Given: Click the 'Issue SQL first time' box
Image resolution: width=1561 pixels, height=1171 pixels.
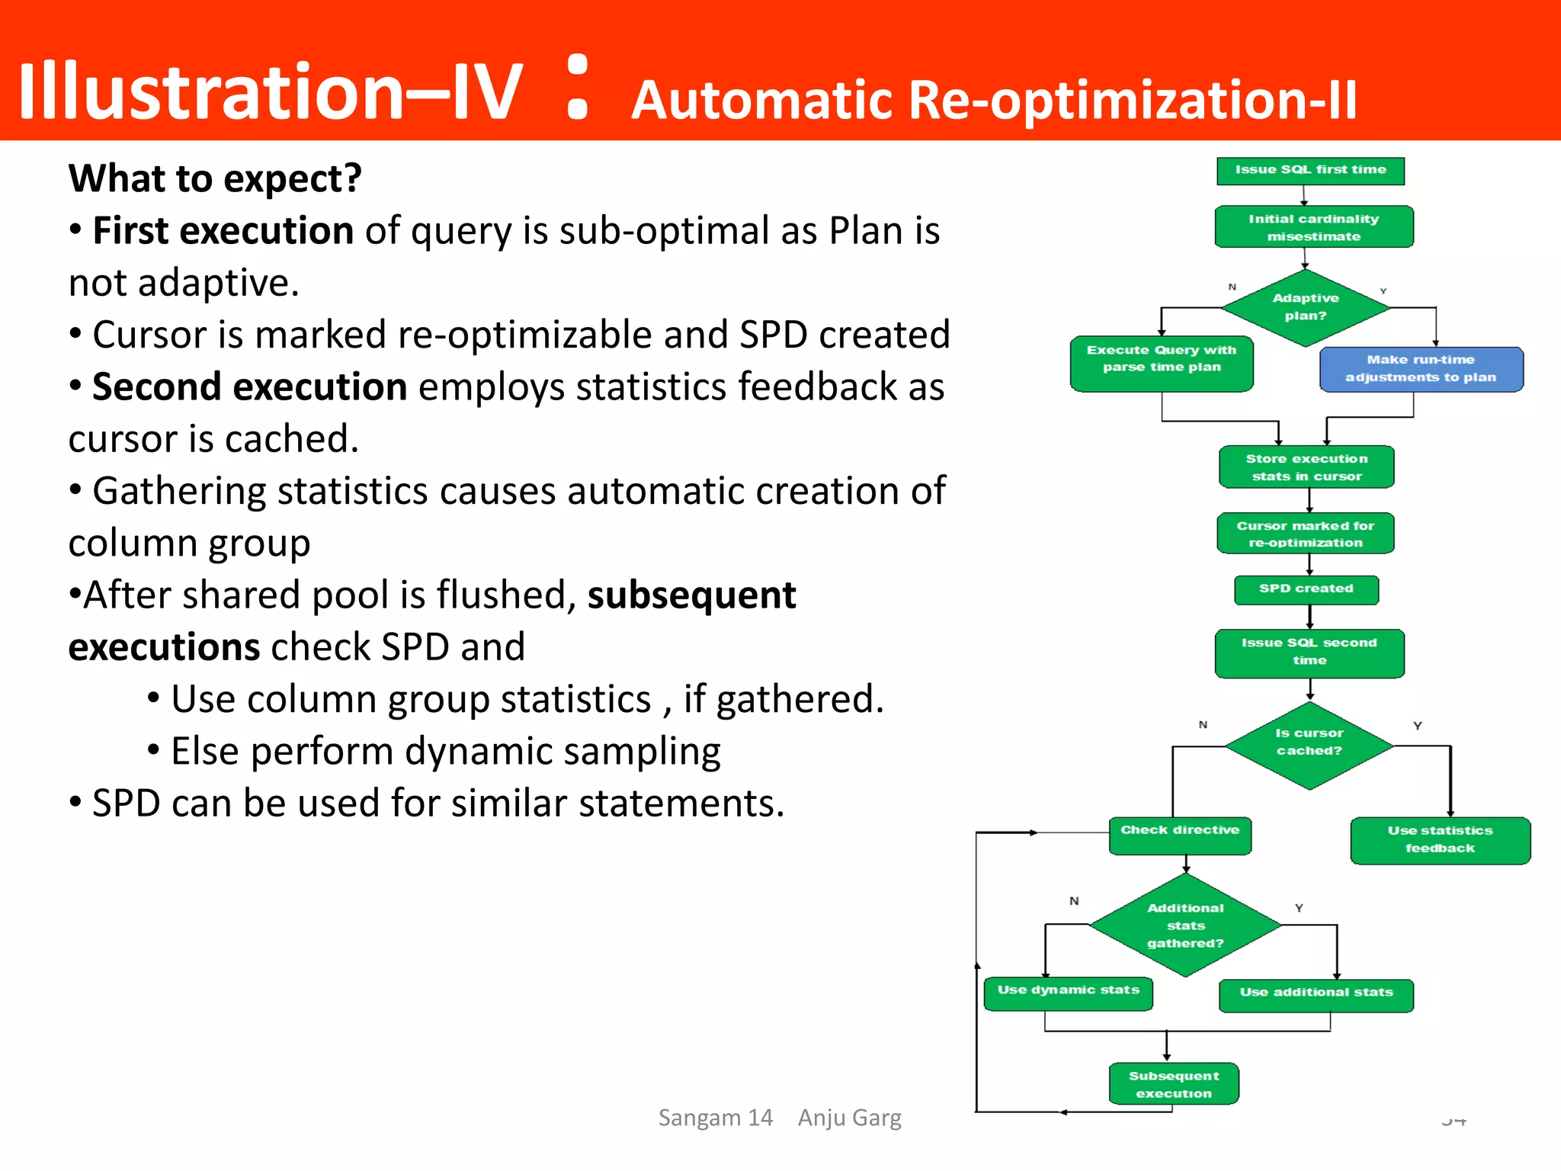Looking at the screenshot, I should [1310, 171].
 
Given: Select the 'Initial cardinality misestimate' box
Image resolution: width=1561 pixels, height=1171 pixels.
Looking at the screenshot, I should [1313, 227].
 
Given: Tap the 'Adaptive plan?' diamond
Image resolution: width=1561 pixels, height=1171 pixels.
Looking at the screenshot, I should [1306, 307].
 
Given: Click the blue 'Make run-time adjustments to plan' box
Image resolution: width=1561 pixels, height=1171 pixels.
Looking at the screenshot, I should [1421, 369].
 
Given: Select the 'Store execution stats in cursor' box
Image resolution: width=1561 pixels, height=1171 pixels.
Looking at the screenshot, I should [1306, 467].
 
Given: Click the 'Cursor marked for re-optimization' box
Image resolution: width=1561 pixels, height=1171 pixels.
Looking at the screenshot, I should [1306, 534].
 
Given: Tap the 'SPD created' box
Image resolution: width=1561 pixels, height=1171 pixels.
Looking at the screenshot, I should [1306, 589].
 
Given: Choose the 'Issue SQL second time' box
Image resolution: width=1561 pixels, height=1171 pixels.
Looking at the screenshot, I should [1309, 653].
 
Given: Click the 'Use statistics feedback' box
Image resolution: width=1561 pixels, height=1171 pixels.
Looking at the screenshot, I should [1440, 840].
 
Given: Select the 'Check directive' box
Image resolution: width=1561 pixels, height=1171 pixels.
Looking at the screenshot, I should [1180, 835].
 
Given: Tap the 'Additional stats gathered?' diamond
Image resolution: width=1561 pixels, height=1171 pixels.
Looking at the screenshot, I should [1185, 925].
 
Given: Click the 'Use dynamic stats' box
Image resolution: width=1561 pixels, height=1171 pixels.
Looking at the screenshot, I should [1068, 993].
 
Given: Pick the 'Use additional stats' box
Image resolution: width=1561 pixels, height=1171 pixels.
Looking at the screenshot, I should [1316, 995].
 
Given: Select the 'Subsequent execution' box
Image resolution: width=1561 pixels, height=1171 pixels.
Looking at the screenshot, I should [1174, 1083].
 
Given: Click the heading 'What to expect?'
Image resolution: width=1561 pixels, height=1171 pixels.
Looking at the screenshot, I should [215, 179].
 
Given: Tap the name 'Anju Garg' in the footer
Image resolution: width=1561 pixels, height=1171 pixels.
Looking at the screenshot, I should [849, 1118].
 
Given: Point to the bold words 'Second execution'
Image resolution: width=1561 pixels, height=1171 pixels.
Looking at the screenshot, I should [249, 387].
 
